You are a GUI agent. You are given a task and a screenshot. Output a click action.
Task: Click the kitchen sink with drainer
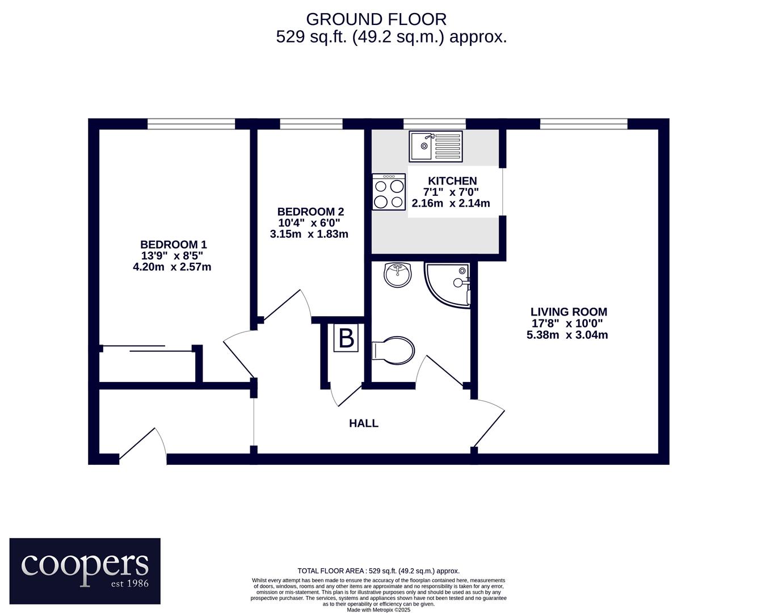click(435, 146)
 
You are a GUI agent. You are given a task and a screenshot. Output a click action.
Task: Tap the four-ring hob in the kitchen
click(389, 191)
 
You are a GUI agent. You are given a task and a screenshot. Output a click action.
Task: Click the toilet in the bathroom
click(393, 349)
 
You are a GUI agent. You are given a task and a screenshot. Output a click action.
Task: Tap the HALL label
click(364, 423)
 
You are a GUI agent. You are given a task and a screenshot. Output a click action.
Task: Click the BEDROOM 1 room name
click(174, 245)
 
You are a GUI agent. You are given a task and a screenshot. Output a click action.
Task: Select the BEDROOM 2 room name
click(310, 212)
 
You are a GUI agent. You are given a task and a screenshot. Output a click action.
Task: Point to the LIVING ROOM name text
click(569, 312)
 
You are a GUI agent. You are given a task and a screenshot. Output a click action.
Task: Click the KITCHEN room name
click(452, 180)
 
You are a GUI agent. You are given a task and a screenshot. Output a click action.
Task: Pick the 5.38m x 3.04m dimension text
click(567, 335)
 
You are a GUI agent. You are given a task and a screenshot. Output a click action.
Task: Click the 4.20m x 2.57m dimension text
click(172, 267)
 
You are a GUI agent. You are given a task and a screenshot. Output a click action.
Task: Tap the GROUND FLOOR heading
click(376, 19)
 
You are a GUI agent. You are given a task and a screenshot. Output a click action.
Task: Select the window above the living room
click(584, 124)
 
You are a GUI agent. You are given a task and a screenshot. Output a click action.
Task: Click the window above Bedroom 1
click(191, 124)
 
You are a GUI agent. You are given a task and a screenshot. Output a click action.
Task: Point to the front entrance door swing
click(142, 446)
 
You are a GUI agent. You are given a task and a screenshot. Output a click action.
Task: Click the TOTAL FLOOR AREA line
click(379, 571)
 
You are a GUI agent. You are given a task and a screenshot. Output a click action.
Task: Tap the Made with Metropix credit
click(379, 610)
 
